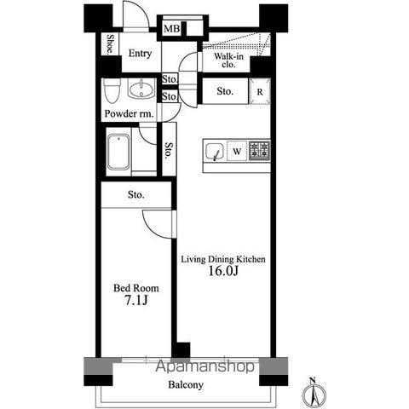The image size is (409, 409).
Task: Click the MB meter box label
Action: (x=172, y=29)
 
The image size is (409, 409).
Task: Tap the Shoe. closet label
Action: (x=110, y=44)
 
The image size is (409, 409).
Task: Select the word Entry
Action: (x=140, y=54)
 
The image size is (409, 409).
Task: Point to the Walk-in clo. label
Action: (x=228, y=60)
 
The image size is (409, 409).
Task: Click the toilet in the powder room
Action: (x=112, y=90)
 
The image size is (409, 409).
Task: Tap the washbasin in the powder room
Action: (x=141, y=89)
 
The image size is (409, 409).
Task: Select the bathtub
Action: (x=119, y=152)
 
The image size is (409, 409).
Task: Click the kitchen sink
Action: (x=215, y=151)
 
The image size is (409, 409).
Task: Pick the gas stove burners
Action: (x=259, y=151)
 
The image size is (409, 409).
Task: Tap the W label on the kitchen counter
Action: (x=237, y=152)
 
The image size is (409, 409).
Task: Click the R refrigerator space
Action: (x=260, y=91)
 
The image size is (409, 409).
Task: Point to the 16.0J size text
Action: (x=223, y=271)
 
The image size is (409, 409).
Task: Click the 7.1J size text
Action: (x=136, y=300)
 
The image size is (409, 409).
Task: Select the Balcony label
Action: (x=186, y=385)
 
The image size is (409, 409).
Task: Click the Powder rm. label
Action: (x=129, y=114)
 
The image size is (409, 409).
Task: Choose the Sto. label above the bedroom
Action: (x=135, y=195)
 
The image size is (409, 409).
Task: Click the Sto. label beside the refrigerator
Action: (x=225, y=91)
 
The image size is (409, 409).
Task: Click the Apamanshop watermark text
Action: (x=204, y=366)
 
